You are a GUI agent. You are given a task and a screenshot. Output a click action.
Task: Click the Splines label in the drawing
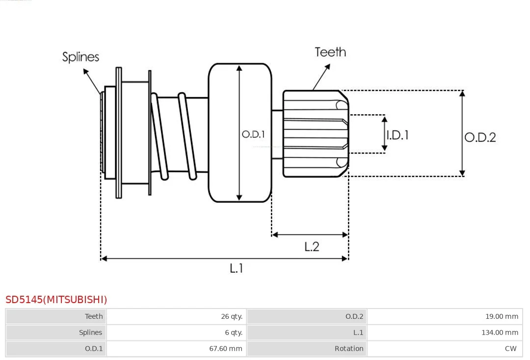(x=80, y=57)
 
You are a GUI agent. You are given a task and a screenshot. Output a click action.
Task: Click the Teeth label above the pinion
(x=330, y=52)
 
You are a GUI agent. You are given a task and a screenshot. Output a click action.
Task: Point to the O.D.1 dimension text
(x=253, y=134)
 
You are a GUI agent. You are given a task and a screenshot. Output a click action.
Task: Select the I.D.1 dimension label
(x=397, y=135)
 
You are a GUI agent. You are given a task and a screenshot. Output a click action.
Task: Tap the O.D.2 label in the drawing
(x=480, y=137)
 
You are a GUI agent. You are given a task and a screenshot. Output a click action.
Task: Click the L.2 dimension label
(x=312, y=247)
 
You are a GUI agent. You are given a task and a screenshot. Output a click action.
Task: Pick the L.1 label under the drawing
(x=236, y=268)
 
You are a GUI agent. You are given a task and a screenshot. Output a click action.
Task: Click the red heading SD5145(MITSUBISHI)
(x=56, y=300)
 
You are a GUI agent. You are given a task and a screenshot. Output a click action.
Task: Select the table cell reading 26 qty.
(x=232, y=316)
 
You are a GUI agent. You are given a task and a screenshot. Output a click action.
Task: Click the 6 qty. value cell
(x=234, y=333)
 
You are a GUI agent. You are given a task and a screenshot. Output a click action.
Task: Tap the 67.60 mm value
(x=226, y=349)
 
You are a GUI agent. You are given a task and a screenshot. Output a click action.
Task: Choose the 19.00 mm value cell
(x=502, y=316)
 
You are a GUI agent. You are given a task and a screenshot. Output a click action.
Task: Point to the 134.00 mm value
(x=500, y=333)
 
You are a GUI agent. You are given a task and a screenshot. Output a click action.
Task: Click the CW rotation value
(x=511, y=349)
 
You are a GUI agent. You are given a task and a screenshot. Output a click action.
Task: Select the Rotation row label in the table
(x=349, y=349)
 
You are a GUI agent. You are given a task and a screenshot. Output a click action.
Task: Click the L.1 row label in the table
(x=358, y=333)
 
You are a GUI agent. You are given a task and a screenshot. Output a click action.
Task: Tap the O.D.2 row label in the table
(x=354, y=316)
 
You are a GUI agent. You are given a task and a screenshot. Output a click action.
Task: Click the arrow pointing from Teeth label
(x=321, y=77)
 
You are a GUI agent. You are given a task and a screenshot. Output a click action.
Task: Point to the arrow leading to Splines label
(x=92, y=81)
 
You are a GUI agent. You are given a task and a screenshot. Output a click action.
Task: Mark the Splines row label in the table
(x=91, y=333)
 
